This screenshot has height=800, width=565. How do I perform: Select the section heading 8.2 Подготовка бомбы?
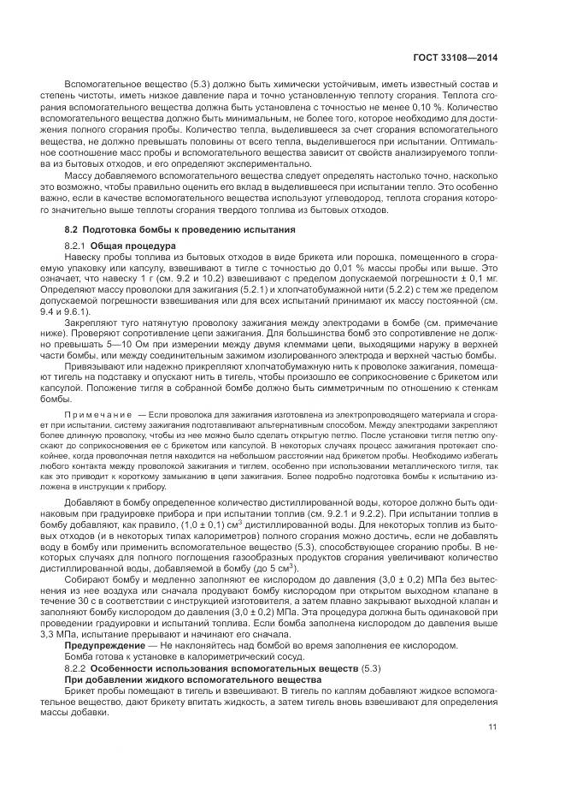[x=180, y=230]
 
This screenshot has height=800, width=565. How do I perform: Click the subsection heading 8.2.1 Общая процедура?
[x=121, y=246]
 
